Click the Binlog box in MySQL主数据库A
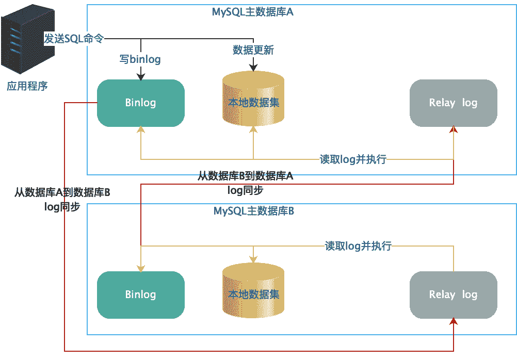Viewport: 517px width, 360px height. tap(140, 103)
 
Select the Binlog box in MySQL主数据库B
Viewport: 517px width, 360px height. tap(140, 294)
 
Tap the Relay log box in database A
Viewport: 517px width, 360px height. tap(453, 103)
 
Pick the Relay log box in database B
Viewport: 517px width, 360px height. tap(453, 294)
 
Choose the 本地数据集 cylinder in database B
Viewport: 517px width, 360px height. tap(253, 294)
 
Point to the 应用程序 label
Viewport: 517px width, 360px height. tap(27, 86)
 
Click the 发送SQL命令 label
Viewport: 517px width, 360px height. tap(74, 39)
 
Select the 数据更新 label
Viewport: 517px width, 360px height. tap(253, 50)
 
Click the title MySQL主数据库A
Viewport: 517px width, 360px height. tap(253, 12)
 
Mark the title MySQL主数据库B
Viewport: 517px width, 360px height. tap(254, 211)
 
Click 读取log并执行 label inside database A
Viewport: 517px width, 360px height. tap(353, 159)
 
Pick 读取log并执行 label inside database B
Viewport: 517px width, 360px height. tap(358, 246)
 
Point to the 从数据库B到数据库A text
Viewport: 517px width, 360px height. tap(246, 176)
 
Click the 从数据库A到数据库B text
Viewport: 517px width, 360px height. tap(62, 193)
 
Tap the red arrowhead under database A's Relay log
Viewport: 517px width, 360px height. tap(454, 129)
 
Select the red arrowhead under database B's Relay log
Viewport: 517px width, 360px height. tap(454, 321)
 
